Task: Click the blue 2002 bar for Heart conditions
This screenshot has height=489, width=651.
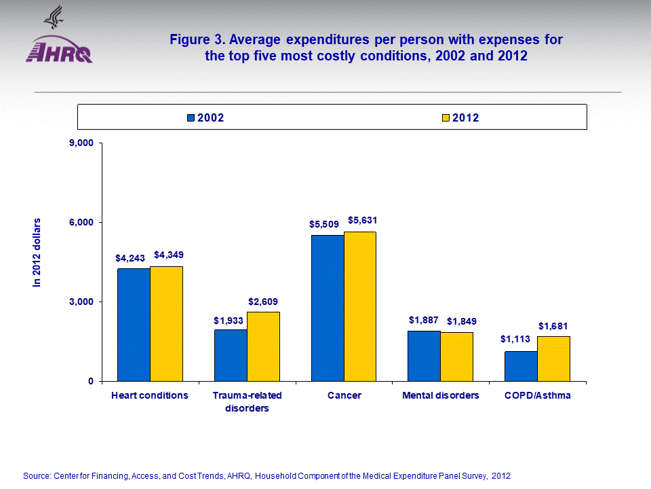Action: pyautogui.click(x=134, y=325)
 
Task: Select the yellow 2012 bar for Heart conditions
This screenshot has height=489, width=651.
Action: pyautogui.click(x=166, y=323)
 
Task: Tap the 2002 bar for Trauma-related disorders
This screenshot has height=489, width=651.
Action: pyautogui.click(x=231, y=355)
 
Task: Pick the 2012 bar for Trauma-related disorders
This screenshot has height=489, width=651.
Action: pyautogui.click(x=263, y=346)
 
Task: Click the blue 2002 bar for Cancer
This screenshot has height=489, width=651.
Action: pyautogui.click(x=328, y=308)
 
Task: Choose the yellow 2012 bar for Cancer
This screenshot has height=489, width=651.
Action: pyautogui.click(x=359, y=306)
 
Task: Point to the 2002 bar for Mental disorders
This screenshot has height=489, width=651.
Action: pyautogui.click(x=424, y=356)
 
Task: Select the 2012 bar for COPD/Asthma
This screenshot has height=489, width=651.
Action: pyautogui.click(x=553, y=359)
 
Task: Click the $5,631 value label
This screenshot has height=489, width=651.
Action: pyautogui.click(x=362, y=221)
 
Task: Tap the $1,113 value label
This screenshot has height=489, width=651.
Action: pyautogui.click(x=515, y=340)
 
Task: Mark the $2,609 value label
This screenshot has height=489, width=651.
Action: pyautogui.click(x=263, y=302)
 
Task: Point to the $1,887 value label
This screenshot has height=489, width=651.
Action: pyautogui.click(x=423, y=320)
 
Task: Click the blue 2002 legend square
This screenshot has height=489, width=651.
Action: pyautogui.click(x=191, y=118)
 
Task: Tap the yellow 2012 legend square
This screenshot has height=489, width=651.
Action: pyautogui.click(x=446, y=118)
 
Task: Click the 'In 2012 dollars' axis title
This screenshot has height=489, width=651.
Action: pyautogui.click(x=38, y=253)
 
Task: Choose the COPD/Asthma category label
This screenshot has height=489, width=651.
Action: pyautogui.click(x=537, y=395)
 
